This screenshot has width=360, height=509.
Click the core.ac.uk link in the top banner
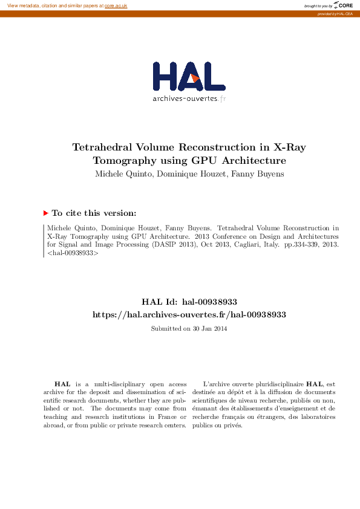tap(116, 5)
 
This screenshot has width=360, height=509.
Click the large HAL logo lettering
tap(189, 77)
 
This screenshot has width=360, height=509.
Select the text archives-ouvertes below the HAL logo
tap(185, 98)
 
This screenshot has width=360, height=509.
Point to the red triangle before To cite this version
tap(46, 213)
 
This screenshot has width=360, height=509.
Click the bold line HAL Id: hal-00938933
tap(189, 302)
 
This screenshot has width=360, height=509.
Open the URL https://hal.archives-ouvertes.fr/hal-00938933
tap(189, 314)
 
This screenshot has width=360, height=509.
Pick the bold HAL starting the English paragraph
tap(62, 384)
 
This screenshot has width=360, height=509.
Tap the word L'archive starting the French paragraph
tap(216, 384)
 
